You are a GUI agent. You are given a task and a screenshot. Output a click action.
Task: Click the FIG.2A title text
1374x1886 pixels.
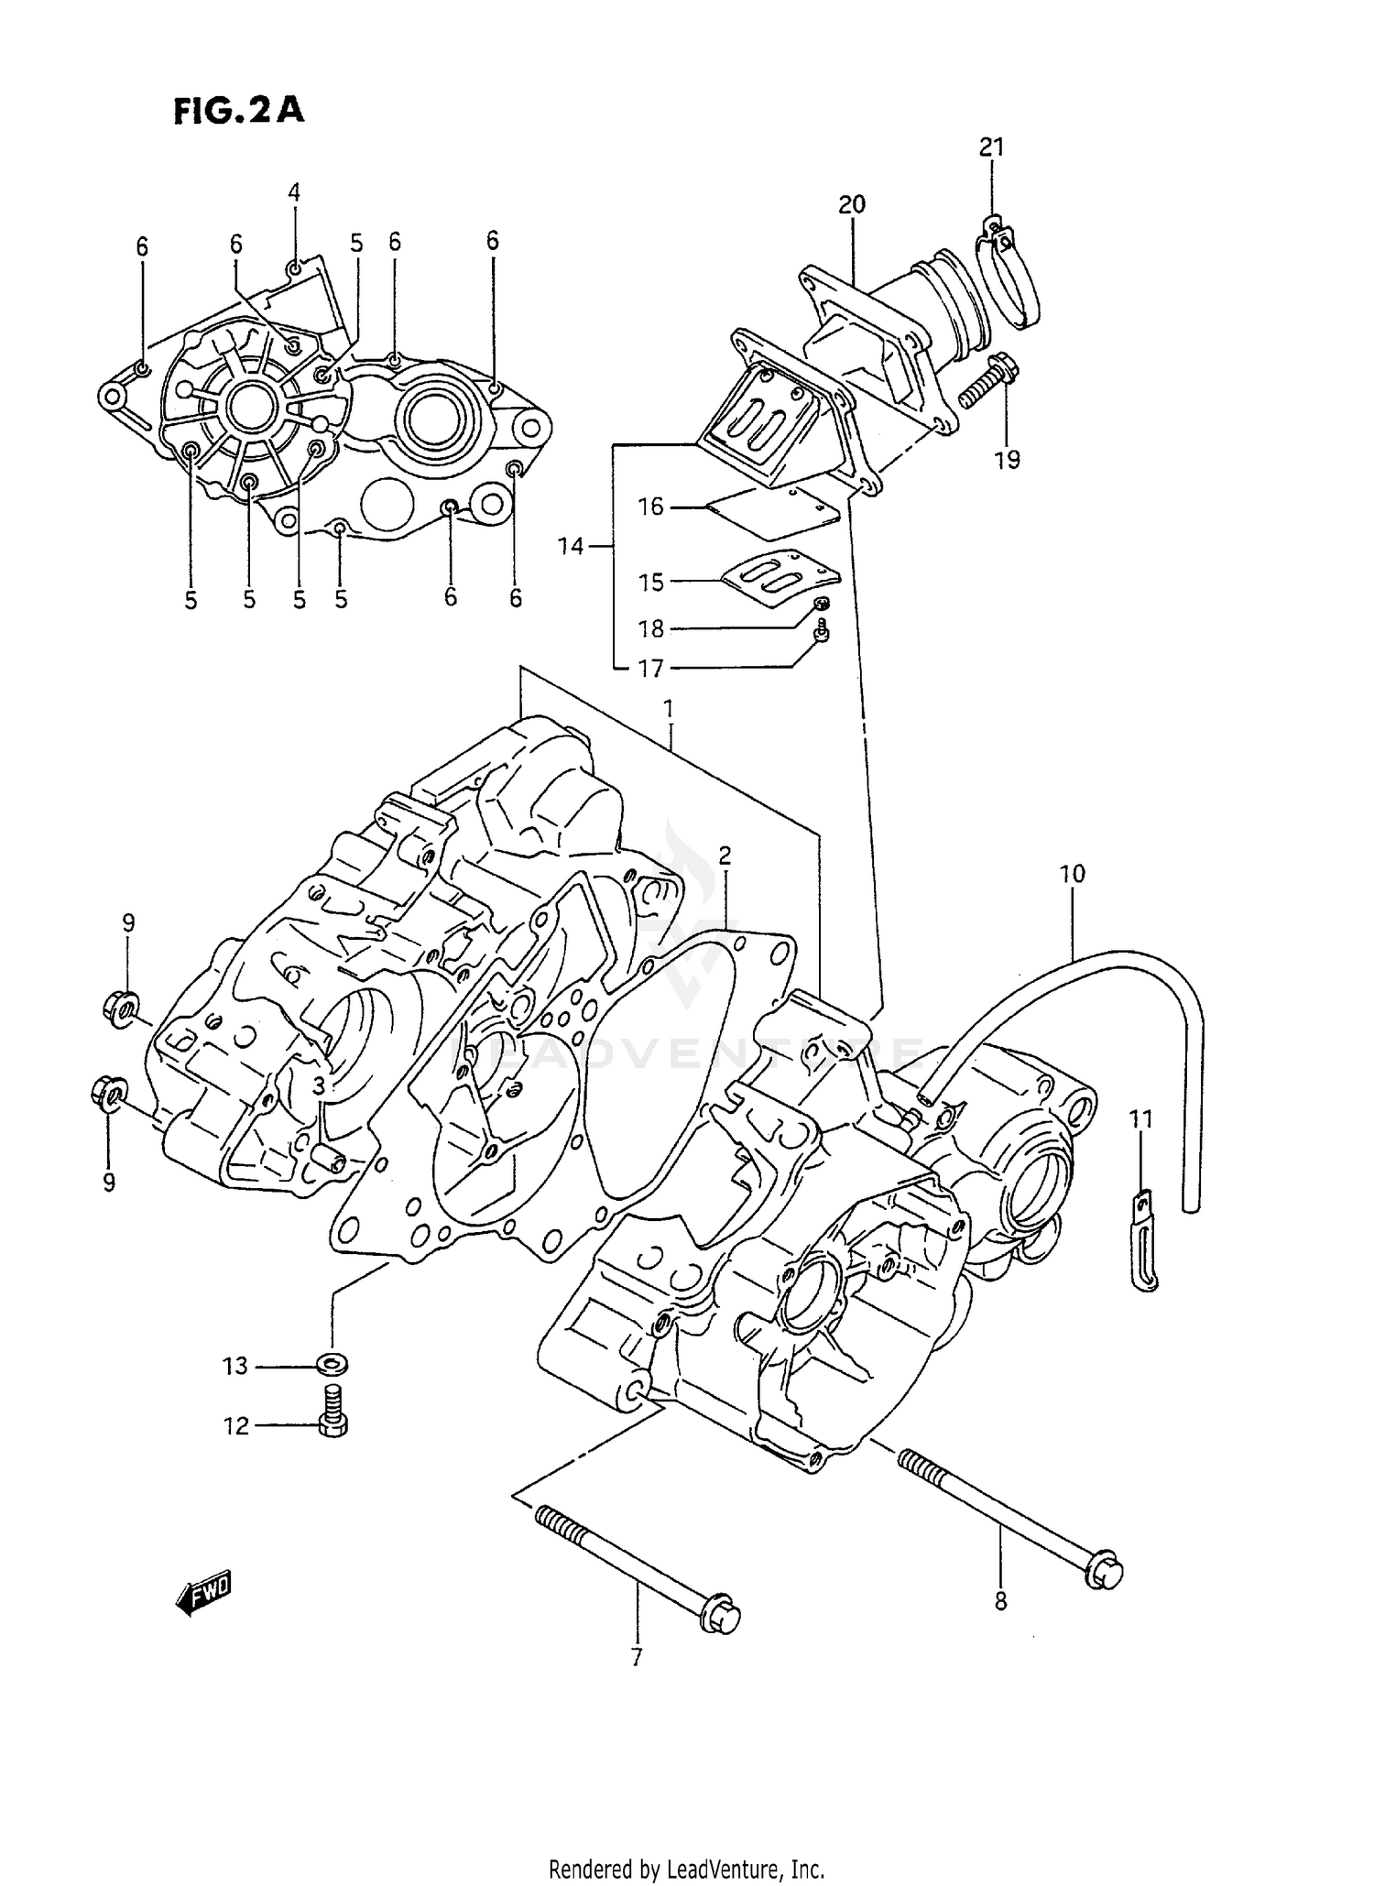click(x=238, y=111)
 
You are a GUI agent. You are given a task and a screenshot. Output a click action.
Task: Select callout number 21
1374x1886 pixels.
click(x=991, y=147)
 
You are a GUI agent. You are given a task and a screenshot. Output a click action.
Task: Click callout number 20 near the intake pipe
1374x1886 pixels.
click(x=851, y=204)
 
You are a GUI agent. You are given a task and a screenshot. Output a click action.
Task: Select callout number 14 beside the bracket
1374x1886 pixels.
click(x=570, y=547)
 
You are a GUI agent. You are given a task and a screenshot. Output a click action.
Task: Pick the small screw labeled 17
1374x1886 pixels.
click(x=822, y=631)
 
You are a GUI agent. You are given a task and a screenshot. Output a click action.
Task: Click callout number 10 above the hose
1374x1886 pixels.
click(x=1072, y=875)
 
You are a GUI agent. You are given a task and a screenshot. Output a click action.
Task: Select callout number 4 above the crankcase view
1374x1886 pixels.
click(x=293, y=192)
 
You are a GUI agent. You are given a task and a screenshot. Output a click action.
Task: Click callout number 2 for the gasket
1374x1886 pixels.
click(x=724, y=856)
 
